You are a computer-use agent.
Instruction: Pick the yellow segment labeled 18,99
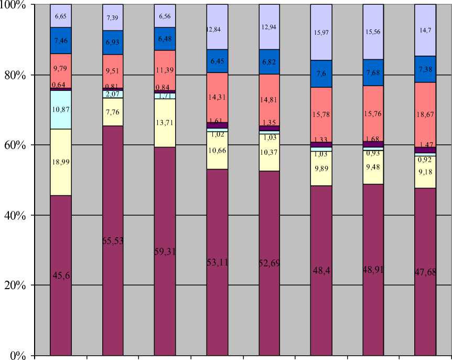(61, 162)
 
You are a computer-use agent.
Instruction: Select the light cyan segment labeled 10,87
(61, 110)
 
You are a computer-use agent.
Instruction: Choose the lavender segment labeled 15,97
(321, 33)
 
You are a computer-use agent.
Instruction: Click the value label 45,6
(61, 274)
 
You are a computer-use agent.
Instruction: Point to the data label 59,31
(165, 251)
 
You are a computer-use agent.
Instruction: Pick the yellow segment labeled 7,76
(113, 112)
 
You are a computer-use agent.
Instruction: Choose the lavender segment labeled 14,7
(425, 30)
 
